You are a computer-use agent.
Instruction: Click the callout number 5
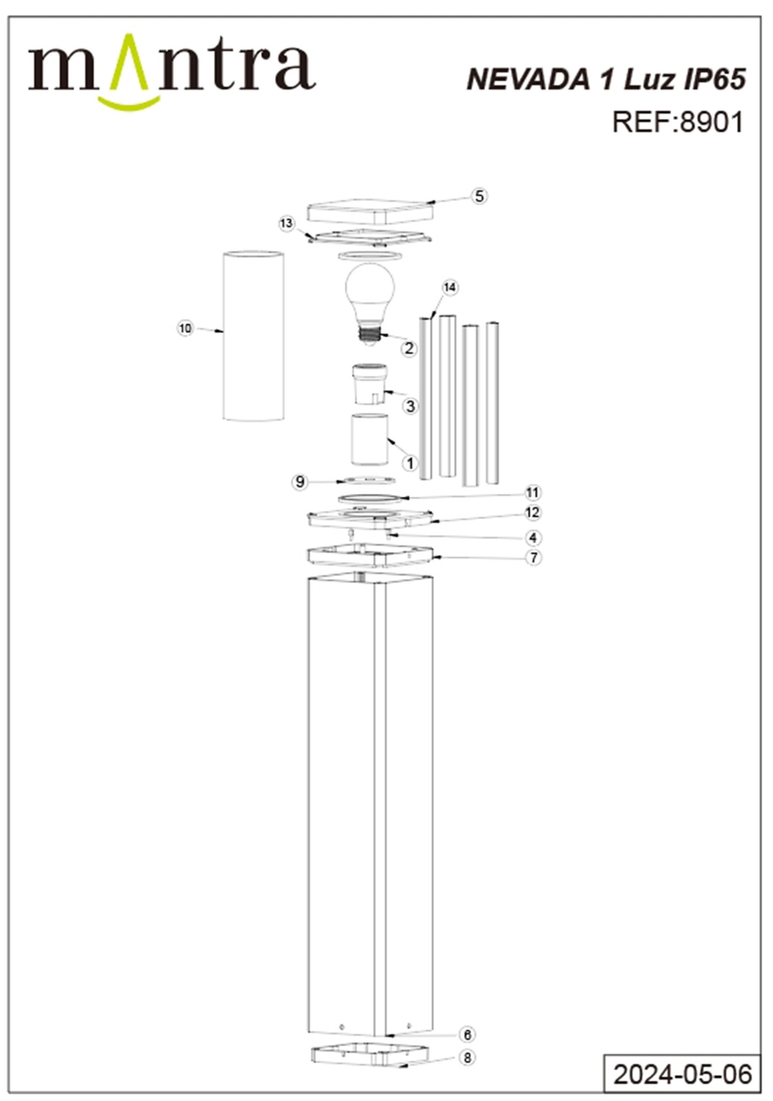pyautogui.click(x=479, y=196)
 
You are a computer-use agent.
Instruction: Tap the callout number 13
pyautogui.click(x=286, y=223)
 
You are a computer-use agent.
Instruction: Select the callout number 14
pyautogui.click(x=450, y=287)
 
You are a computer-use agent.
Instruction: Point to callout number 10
pyautogui.click(x=185, y=329)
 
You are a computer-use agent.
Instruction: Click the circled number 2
pyautogui.click(x=409, y=348)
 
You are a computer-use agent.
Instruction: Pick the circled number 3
pyautogui.click(x=410, y=407)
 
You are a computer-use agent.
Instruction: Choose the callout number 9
pyautogui.click(x=300, y=482)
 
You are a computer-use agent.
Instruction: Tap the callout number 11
pyautogui.click(x=533, y=493)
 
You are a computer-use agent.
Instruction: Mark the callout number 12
pyautogui.click(x=533, y=512)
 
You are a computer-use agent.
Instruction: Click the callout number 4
pyautogui.click(x=533, y=538)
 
